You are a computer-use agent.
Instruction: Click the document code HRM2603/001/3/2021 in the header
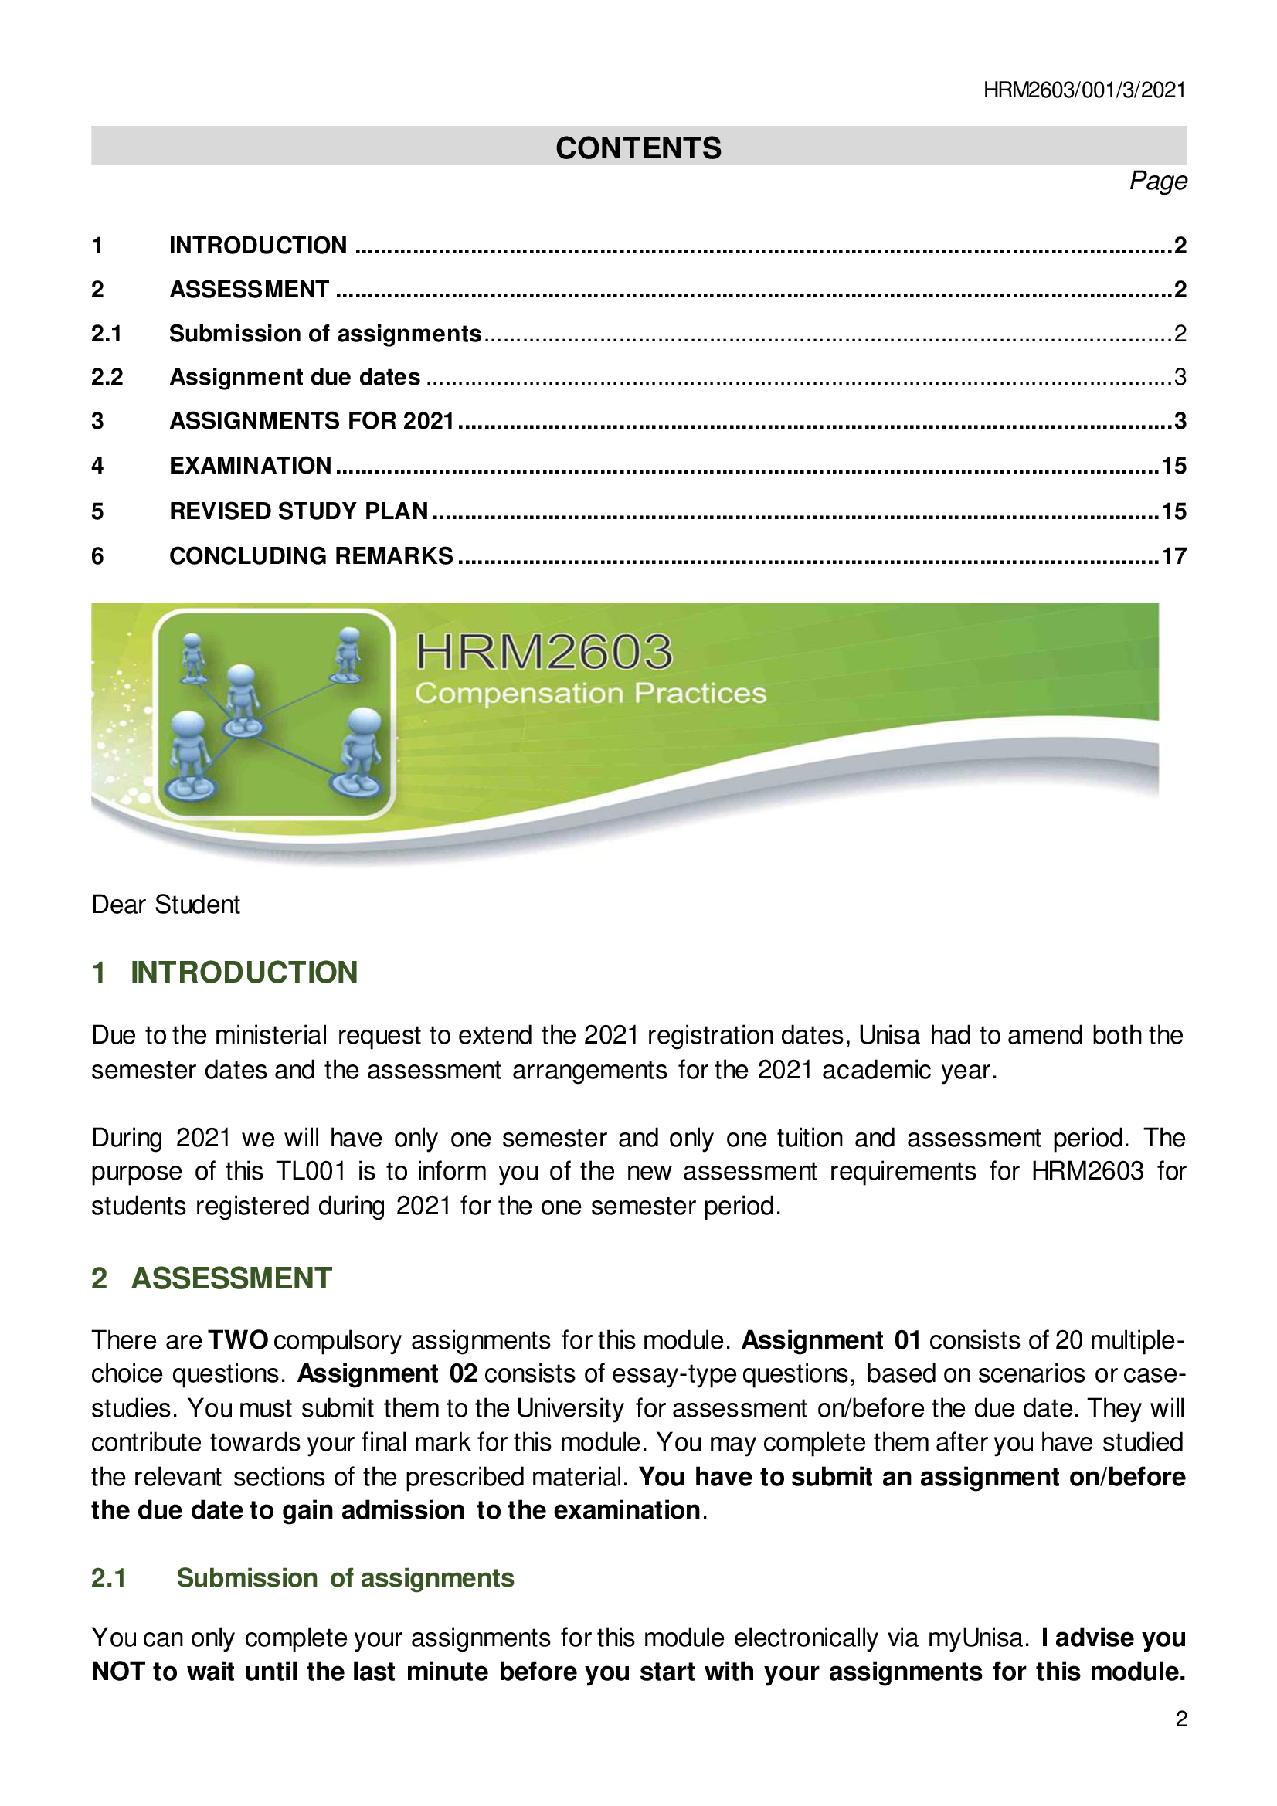click(1083, 90)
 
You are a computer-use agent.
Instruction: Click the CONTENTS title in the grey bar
click(638, 148)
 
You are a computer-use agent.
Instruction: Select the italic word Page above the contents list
click(1157, 182)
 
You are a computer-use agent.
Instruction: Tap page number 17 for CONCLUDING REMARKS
click(1173, 556)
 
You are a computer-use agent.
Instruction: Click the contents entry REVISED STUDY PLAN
click(299, 511)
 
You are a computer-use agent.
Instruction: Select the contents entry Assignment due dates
click(295, 377)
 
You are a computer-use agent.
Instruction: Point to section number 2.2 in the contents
click(107, 377)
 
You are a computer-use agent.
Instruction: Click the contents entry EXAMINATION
click(250, 466)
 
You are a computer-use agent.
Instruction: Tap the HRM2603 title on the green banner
click(544, 652)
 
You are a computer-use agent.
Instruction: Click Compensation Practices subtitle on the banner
click(590, 693)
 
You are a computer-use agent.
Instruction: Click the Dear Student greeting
click(165, 905)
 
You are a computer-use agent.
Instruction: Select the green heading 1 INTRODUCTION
click(224, 973)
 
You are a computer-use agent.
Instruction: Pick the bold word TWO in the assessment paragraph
click(238, 1339)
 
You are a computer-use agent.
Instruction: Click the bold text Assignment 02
click(387, 1373)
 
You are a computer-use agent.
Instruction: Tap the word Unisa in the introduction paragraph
click(888, 1035)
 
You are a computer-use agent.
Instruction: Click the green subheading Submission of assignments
click(345, 1578)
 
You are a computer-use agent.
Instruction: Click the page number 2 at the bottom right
click(1180, 1719)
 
